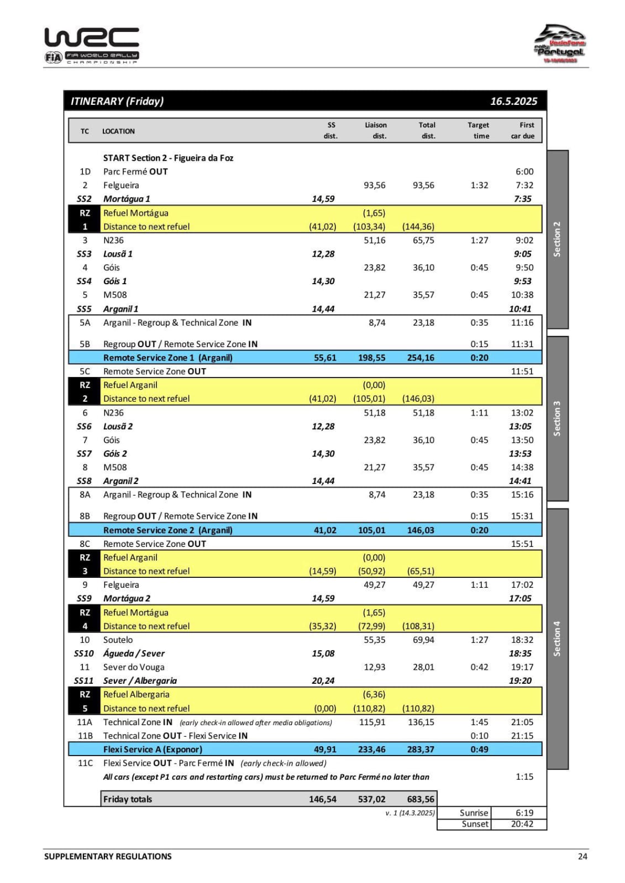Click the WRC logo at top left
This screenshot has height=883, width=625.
tap(92, 45)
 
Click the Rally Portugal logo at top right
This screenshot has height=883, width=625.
tap(559, 44)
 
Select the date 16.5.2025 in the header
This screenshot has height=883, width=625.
tap(513, 101)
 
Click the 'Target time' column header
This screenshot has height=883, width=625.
tap(478, 131)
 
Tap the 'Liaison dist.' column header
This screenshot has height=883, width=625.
tap(376, 131)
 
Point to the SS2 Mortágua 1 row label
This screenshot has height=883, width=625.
tap(127, 199)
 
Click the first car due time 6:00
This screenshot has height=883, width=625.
tap(524, 172)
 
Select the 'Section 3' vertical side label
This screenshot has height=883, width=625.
tap(557, 418)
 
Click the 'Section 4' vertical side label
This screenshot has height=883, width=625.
tap(557, 639)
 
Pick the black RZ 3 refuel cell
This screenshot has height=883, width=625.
tap(85, 564)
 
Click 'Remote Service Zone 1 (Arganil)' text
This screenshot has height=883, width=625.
tap(168, 358)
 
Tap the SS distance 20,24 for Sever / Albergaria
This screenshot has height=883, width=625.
tap(323, 680)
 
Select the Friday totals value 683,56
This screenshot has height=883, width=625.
tap(421, 799)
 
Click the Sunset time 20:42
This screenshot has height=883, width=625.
tap(522, 824)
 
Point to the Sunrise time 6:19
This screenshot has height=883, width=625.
tap(524, 813)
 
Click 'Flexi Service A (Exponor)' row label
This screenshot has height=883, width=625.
tap(153, 749)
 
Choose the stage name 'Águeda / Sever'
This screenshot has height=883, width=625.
tap(134, 653)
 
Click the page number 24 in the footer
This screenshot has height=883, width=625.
tap(582, 857)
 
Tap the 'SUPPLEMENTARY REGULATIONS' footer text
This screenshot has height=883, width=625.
tap(108, 857)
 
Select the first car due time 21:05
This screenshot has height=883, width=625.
tap(522, 722)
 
